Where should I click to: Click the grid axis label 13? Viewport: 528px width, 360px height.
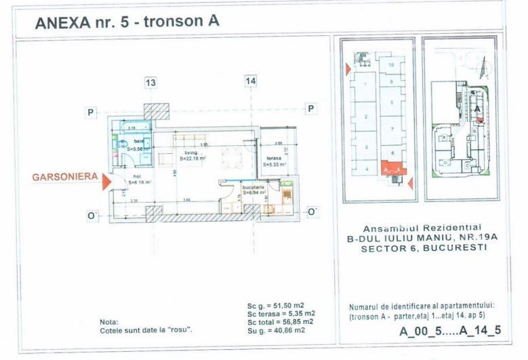[150, 82]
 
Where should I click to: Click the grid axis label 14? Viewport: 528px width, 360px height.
[250, 82]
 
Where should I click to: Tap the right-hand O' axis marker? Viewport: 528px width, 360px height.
[312, 212]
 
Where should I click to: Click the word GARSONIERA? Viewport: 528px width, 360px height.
[63, 178]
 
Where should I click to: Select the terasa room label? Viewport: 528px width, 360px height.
[273, 157]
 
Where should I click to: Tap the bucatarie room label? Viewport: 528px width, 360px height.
[253, 188]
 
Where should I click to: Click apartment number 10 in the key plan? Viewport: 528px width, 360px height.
[392, 64]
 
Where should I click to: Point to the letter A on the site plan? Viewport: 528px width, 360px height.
[477, 108]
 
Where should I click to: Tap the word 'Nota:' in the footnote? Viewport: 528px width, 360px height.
[108, 322]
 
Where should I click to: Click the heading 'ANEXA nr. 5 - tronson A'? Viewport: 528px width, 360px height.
[127, 22]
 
